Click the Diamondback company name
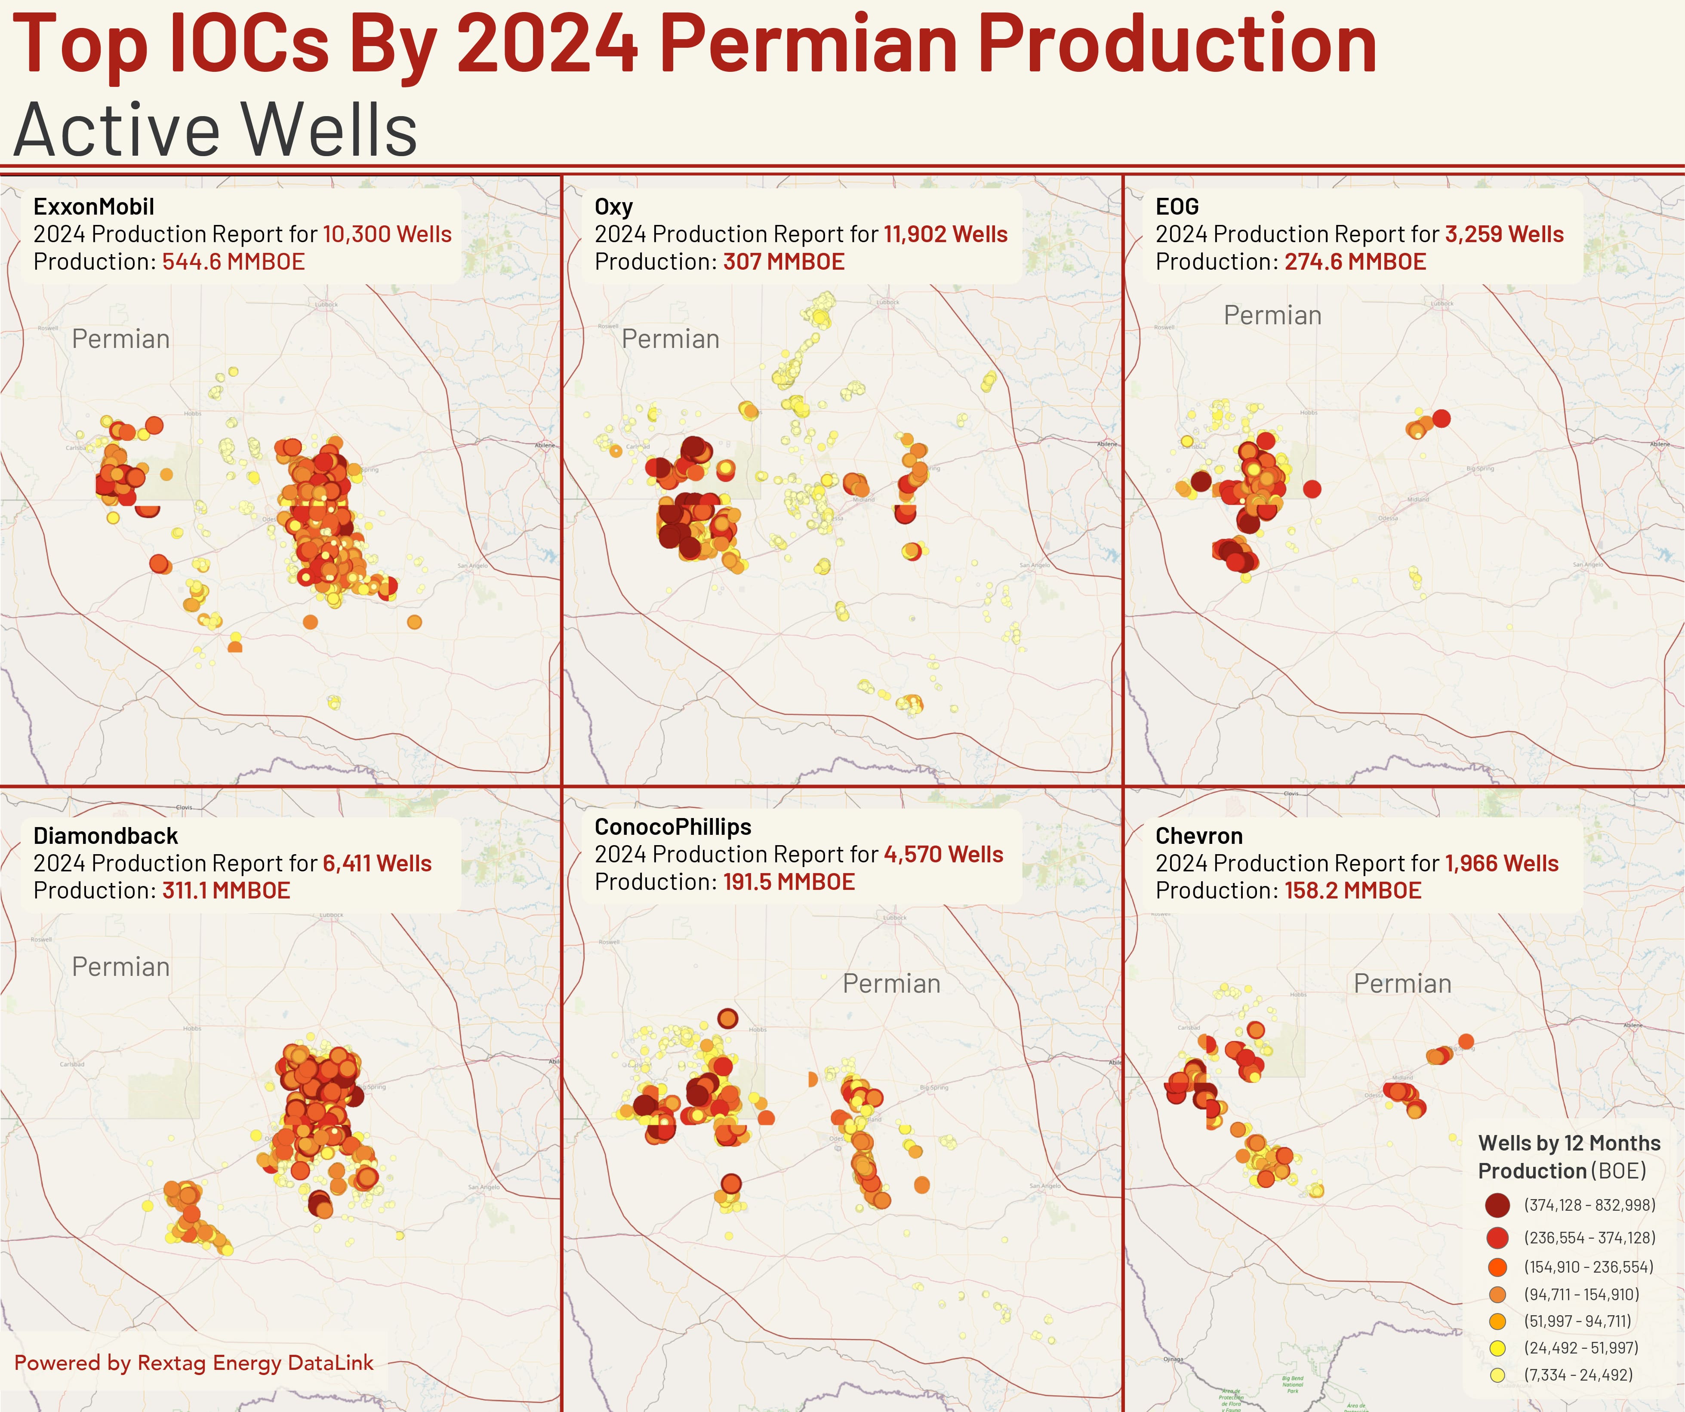(105, 836)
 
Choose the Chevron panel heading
(1199, 836)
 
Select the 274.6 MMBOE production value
(1355, 261)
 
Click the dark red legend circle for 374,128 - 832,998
(1497, 1205)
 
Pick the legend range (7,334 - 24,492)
(1577, 1375)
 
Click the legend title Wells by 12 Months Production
(1569, 1156)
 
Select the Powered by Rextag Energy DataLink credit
(194, 1363)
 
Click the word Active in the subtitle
(116, 130)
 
